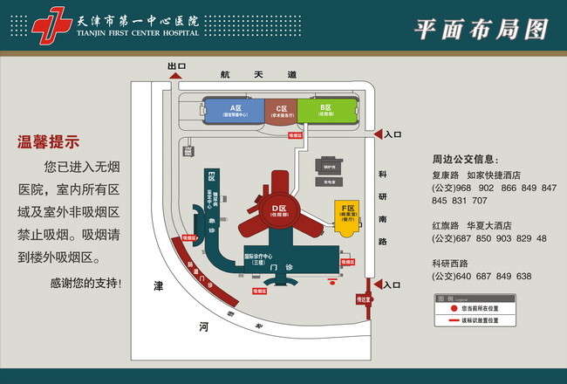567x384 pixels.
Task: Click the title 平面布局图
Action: pos(482,29)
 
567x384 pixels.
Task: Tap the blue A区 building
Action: pos(234,110)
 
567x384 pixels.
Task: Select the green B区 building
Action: pos(327,110)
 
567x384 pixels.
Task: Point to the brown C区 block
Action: pos(281,111)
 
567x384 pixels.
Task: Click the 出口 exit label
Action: pos(177,65)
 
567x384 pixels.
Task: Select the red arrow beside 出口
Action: pos(175,76)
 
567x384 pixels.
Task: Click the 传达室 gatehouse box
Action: pos(363,299)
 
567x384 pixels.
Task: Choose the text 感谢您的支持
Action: pos(85,283)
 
